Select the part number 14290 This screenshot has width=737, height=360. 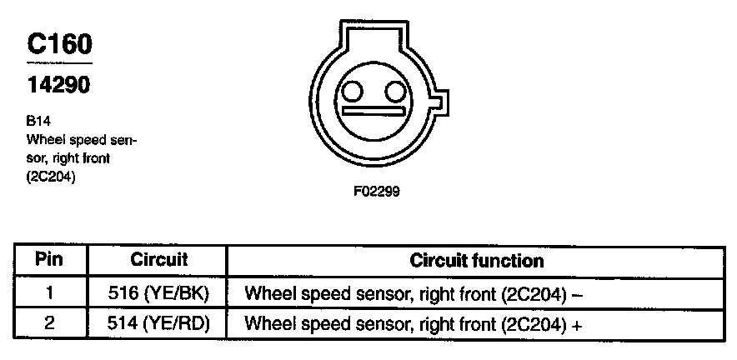58,85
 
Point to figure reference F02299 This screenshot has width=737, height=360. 377,190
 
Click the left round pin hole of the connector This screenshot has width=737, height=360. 353,91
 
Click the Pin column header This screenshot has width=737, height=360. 49,260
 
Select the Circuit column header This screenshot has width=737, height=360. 159,260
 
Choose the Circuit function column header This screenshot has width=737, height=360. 476,260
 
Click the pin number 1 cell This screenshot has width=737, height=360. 49,294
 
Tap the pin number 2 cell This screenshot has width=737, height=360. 49,323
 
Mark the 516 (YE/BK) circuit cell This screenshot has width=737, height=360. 159,294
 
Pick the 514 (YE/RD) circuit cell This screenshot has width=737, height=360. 159,323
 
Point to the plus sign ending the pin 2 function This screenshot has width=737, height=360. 575,324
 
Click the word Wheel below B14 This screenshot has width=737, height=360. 46,139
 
